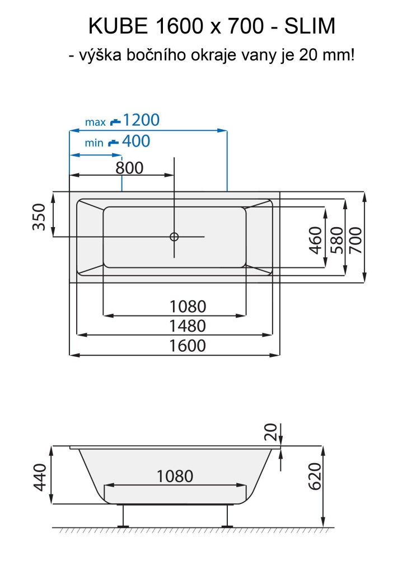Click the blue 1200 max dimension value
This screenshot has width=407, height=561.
pos(141,120)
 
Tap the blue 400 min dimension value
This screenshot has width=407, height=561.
pos(136,142)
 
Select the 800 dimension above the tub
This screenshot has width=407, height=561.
pos(130,167)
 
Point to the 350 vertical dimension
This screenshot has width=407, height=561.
pos(39,216)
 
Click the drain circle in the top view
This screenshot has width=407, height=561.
pos(174,237)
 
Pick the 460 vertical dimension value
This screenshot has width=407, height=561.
pos(316,239)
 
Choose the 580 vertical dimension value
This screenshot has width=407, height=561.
pos(336,239)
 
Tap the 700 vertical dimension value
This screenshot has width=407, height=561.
pos(357,239)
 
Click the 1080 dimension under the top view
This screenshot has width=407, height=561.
pos(188,307)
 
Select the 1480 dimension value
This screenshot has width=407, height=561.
pos(188,326)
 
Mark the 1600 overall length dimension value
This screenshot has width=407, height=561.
pos(188,345)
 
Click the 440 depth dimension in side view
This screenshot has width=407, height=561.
pos(39,476)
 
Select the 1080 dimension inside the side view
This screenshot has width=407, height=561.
pos(175,476)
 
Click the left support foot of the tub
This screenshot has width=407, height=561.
pos(123,517)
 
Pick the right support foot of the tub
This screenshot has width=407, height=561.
pos(227,517)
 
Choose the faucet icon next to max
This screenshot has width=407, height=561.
pos(115,121)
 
